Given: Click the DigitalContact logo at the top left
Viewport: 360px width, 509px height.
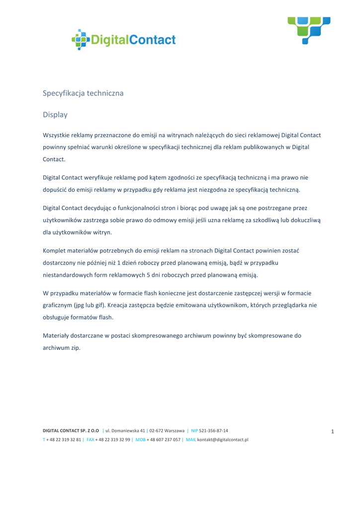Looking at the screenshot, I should [124, 39].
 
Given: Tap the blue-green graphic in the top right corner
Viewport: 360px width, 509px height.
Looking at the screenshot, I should [309, 30].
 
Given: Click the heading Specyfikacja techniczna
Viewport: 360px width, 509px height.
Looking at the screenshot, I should [83, 93].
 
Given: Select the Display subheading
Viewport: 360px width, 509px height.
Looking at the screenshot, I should [55, 115].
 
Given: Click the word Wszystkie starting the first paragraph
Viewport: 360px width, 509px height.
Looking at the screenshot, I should [58, 135].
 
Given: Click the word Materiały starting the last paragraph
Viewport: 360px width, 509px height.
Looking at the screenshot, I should [57, 335].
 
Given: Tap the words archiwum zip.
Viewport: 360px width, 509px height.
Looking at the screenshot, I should [62, 347].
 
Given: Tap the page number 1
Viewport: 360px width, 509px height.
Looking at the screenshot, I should [332, 431].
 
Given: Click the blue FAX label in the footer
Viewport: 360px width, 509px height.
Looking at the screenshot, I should [90, 439].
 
